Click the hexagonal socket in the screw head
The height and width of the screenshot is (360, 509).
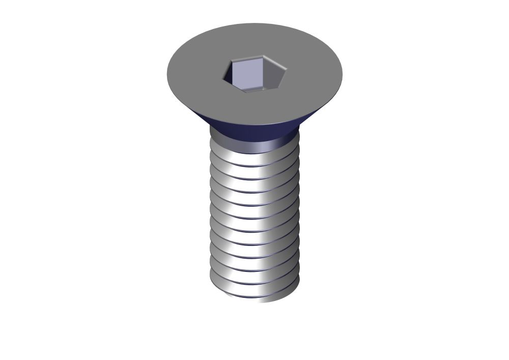[254, 74]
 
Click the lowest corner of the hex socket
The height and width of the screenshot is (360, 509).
[245, 93]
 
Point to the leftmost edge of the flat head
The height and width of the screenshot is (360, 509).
[168, 71]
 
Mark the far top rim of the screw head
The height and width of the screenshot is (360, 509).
[254, 24]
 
